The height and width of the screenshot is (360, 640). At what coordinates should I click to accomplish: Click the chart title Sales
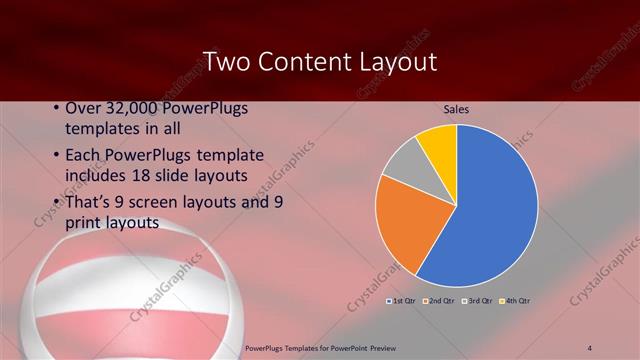click(x=456, y=109)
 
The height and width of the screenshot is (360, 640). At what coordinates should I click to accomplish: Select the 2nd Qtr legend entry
click(x=439, y=300)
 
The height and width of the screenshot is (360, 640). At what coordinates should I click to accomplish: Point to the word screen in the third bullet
click(x=159, y=200)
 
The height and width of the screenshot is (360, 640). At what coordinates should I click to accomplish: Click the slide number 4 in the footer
click(x=591, y=347)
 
